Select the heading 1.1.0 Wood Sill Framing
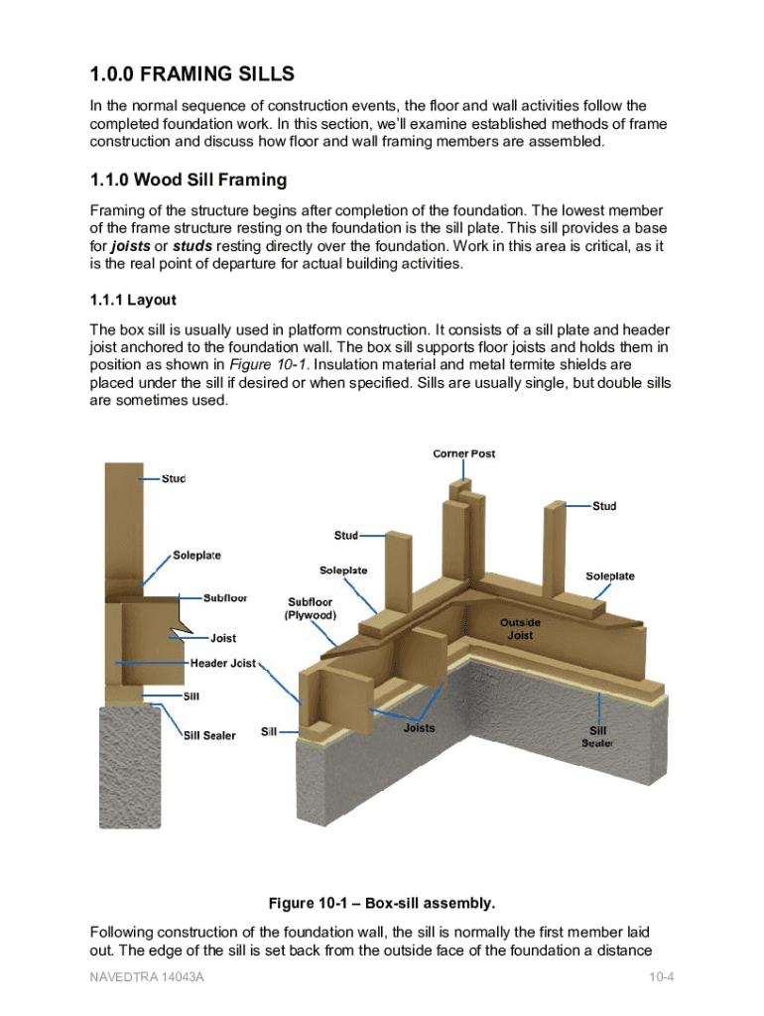pos(188,181)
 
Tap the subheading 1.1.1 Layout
pos(133,300)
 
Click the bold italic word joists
pos(130,245)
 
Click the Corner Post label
pos(463,453)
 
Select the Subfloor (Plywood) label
pos(310,608)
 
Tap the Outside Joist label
pos(520,629)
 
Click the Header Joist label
pos(222,663)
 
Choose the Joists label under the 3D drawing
pos(419,728)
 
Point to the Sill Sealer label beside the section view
pos(209,735)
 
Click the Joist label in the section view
pos(222,638)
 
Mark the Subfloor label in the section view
pos(225,598)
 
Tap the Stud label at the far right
pos(604,506)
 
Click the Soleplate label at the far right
pos(610,576)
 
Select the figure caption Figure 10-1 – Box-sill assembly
pos(381,904)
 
